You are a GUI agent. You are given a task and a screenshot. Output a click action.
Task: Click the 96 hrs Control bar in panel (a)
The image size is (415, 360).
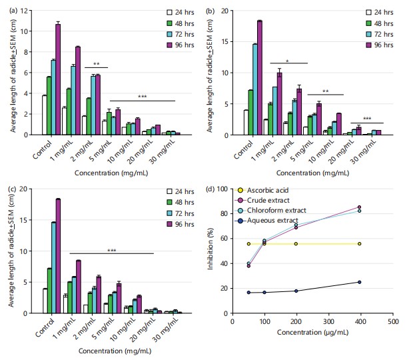(58, 79)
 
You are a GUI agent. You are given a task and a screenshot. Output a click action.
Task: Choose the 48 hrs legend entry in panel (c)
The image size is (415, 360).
(171, 202)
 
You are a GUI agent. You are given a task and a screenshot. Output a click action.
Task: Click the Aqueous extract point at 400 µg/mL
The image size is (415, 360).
(360, 282)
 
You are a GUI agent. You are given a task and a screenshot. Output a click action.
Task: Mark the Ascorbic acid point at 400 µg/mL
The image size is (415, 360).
(360, 244)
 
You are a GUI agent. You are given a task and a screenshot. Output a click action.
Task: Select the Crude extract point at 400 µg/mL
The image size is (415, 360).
(360, 207)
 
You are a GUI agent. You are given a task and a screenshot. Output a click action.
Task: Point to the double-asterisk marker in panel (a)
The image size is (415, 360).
(97, 64)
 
